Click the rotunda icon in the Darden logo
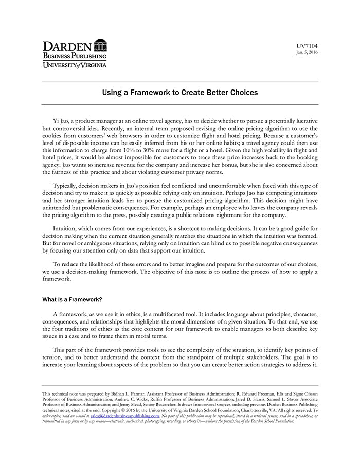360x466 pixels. click(x=101, y=45)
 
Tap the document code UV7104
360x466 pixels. click(x=308, y=46)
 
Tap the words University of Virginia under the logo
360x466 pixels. click(x=75, y=65)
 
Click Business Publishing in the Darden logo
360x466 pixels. click(x=75, y=56)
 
